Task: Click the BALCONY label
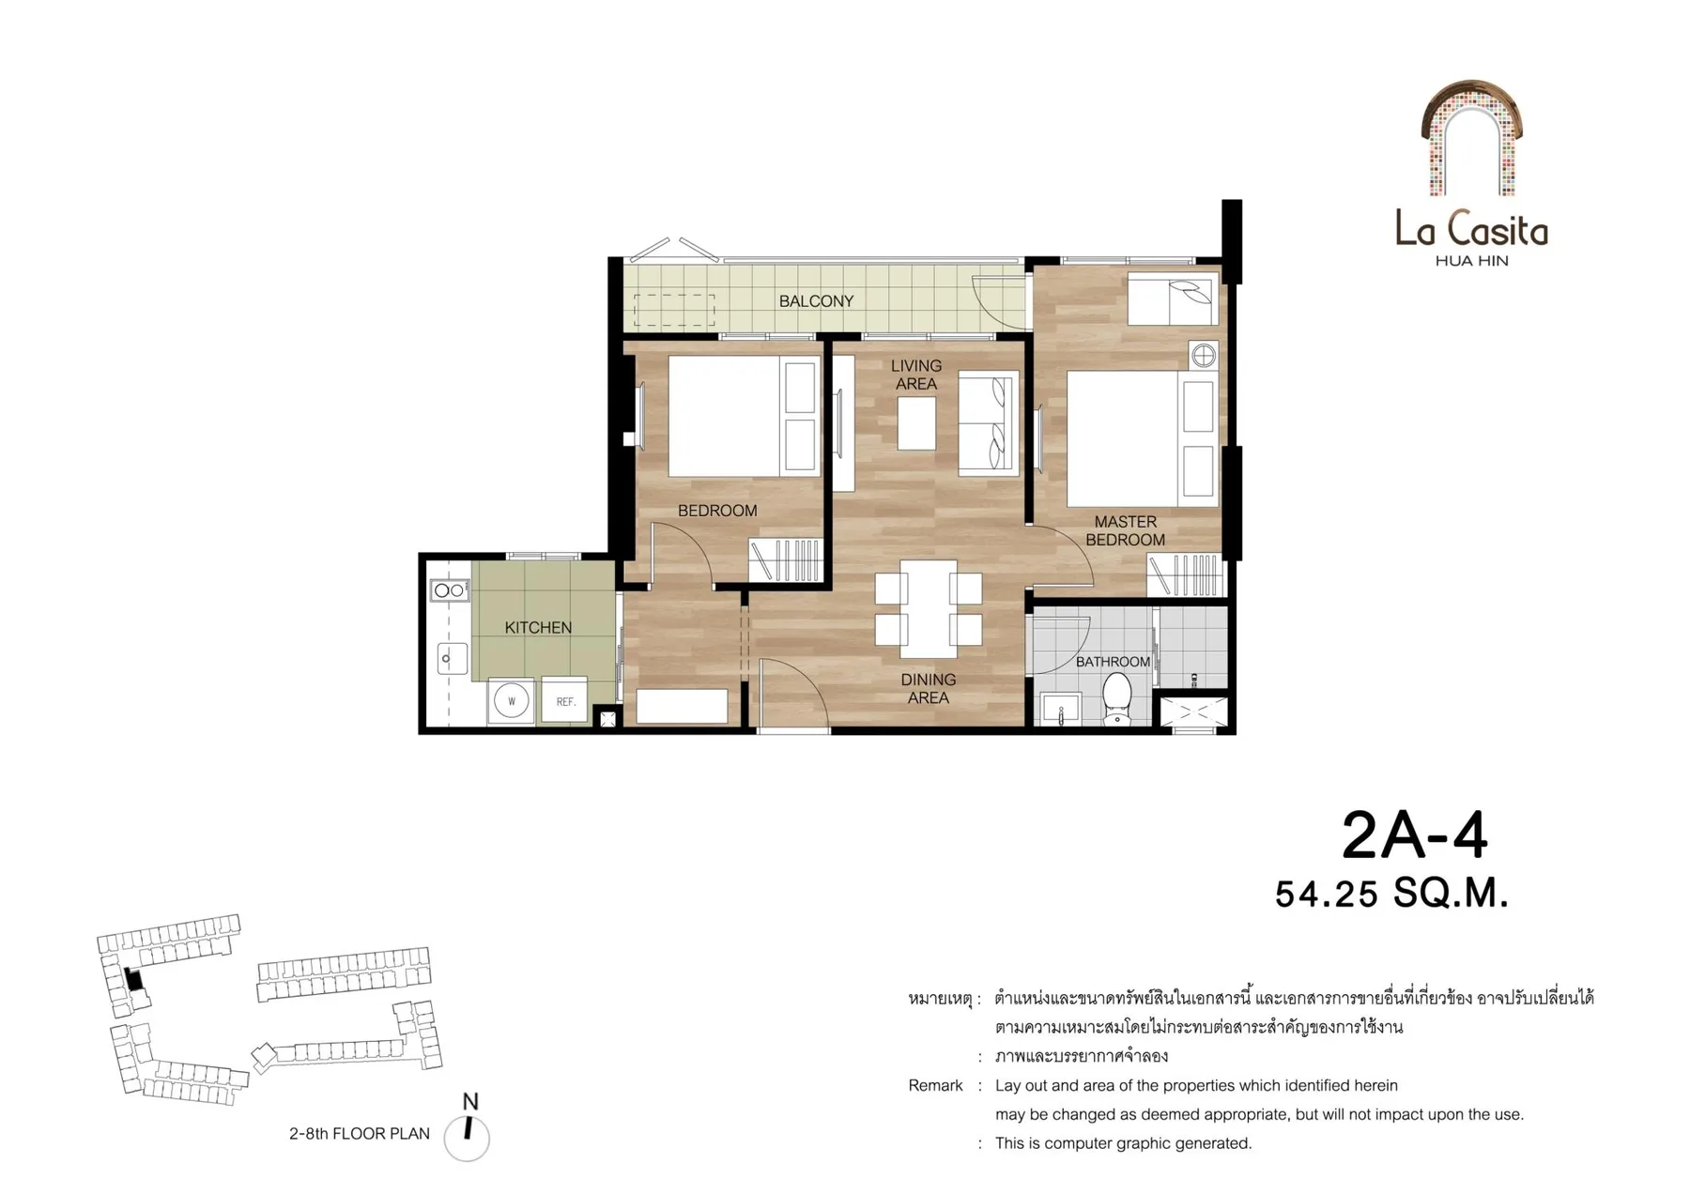click(816, 301)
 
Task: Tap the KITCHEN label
click(538, 628)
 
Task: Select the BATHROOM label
click(1113, 662)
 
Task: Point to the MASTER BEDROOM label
click(1125, 530)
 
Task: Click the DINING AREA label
click(929, 688)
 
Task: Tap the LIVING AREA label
click(916, 375)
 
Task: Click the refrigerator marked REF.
click(564, 699)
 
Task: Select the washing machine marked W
click(512, 701)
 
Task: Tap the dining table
click(929, 609)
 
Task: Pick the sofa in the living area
click(988, 421)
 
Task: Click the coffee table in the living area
click(916, 423)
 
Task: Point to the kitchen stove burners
click(450, 590)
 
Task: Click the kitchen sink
click(452, 658)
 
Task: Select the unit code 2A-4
click(1415, 834)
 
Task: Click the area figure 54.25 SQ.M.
click(1391, 894)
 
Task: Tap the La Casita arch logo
click(1471, 138)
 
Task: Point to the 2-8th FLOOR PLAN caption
click(360, 1134)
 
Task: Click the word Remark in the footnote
click(935, 1086)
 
